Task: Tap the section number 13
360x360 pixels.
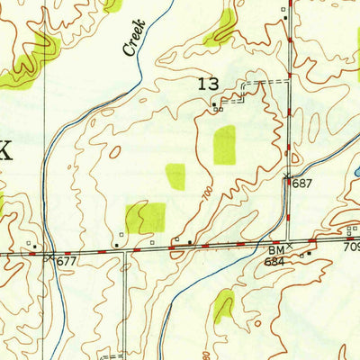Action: (208, 85)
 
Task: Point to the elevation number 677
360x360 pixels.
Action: (67, 261)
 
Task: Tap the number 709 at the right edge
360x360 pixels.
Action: (351, 246)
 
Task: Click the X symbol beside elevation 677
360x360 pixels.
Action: (49, 256)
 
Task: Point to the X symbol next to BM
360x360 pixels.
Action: (290, 245)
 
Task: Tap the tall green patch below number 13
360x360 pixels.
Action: (224, 145)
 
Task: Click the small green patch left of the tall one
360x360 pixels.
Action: (175, 176)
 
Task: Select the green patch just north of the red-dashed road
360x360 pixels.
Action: (146, 217)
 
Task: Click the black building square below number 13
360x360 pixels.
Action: (214, 104)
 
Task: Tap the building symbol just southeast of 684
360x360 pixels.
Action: (309, 253)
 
